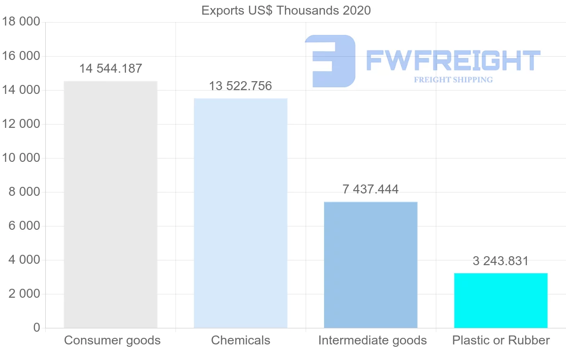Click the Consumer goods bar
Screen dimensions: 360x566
tap(110, 204)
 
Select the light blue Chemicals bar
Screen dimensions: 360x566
tap(241, 213)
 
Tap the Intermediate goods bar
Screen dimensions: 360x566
tap(371, 265)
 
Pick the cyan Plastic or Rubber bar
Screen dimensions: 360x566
tap(501, 301)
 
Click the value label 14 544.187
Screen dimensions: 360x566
tap(110, 68)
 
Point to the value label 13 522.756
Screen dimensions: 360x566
tap(241, 86)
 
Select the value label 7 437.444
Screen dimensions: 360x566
tap(371, 189)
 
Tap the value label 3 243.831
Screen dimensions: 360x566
tap(501, 261)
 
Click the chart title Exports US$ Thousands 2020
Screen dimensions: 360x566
tap(286, 10)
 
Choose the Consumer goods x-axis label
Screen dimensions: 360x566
tap(112, 340)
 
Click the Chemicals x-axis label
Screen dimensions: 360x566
tap(241, 340)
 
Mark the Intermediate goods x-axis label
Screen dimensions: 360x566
tap(372, 340)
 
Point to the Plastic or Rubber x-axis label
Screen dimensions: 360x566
tap(501, 340)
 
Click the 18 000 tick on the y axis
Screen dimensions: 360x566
tap(20, 22)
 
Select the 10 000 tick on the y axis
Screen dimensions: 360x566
tap(20, 158)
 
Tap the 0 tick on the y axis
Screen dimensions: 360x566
tap(36, 328)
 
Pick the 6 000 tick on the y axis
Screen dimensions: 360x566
tap(23, 226)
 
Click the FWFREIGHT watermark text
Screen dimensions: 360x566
tap(453, 60)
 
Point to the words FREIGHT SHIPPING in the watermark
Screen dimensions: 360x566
tap(453, 80)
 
